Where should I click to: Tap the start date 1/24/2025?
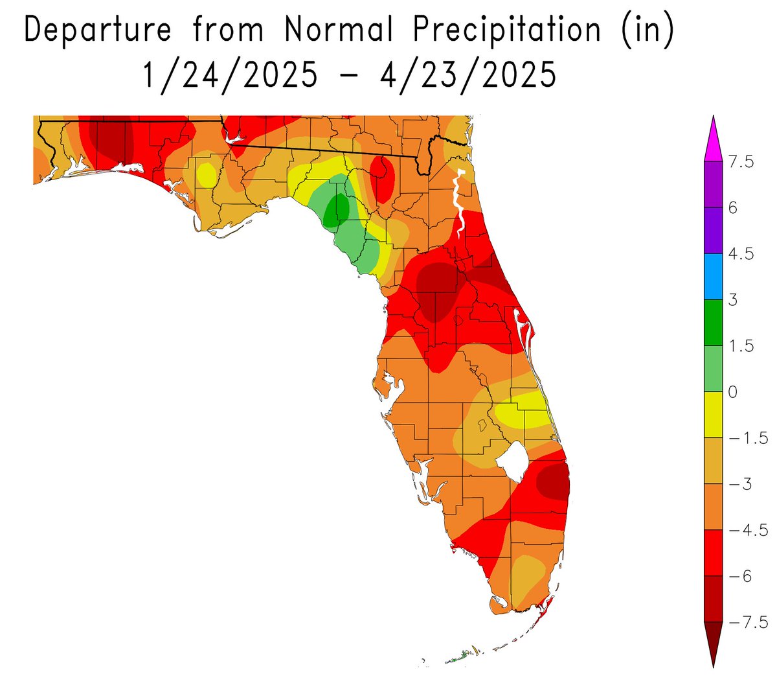click(x=230, y=75)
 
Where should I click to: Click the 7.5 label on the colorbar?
click(x=741, y=162)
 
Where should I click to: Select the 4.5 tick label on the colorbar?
click(x=741, y=254)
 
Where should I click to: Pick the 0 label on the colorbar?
click(x=733, y=392)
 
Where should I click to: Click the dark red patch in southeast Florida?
click(x=552, y=483)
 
